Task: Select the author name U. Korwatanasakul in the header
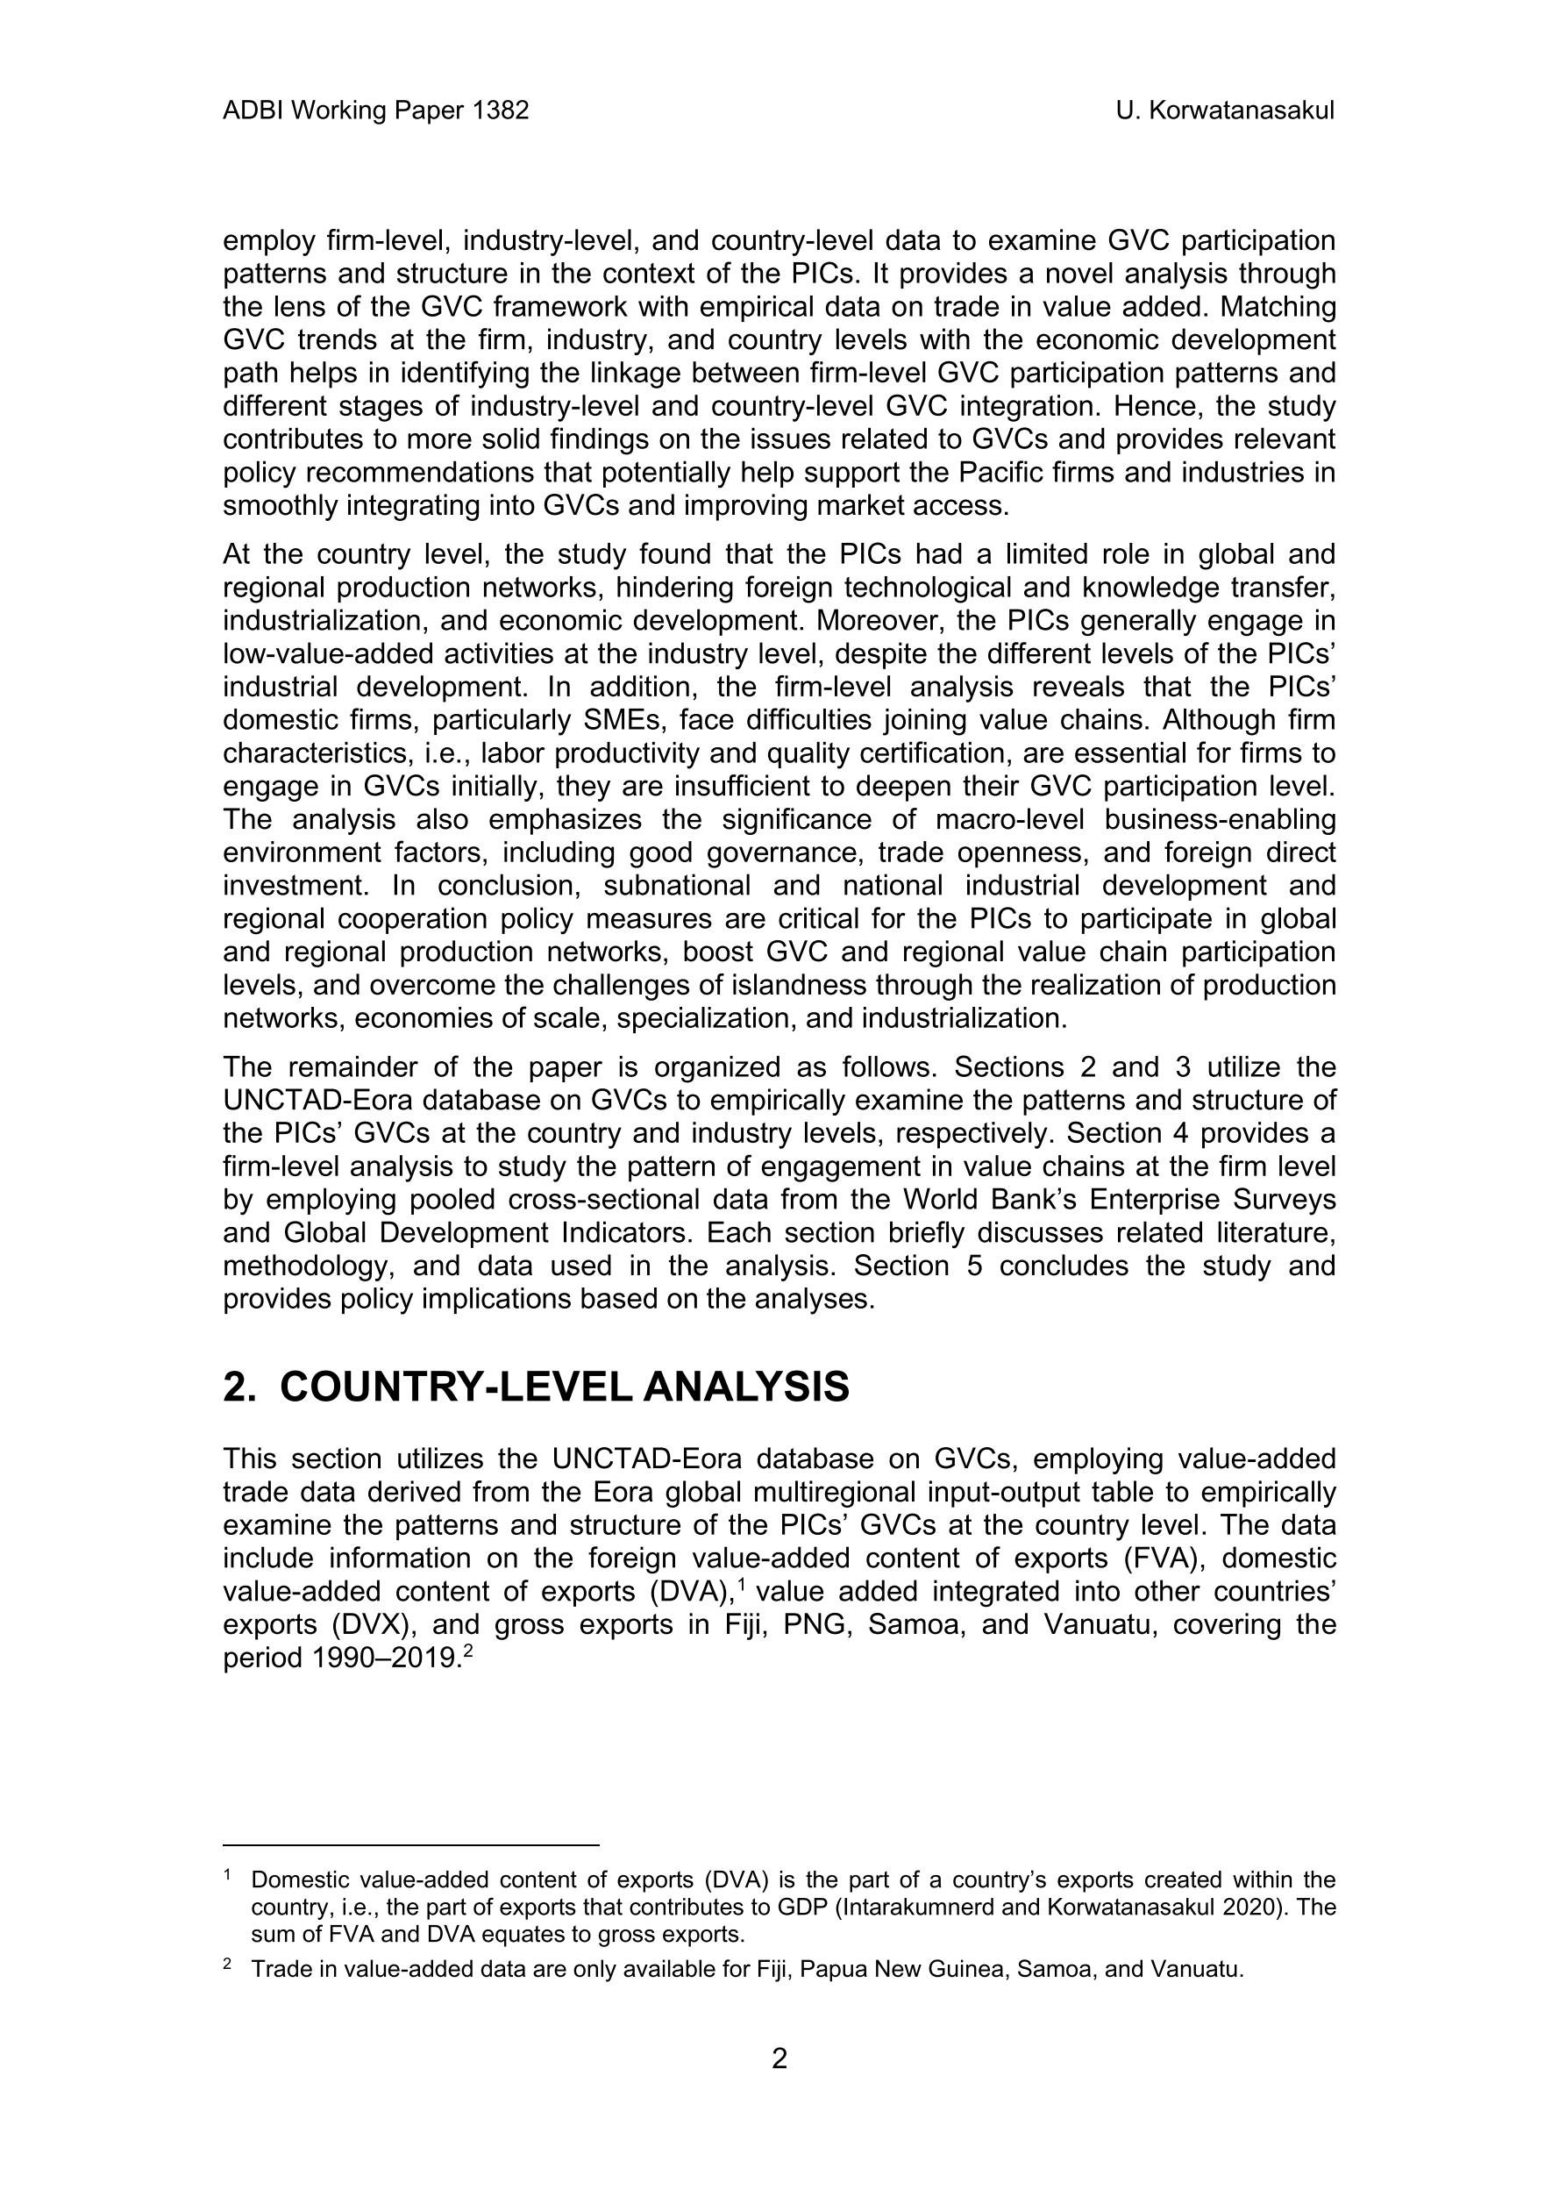click(1225, 111)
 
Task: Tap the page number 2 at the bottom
click(779, 2059)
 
